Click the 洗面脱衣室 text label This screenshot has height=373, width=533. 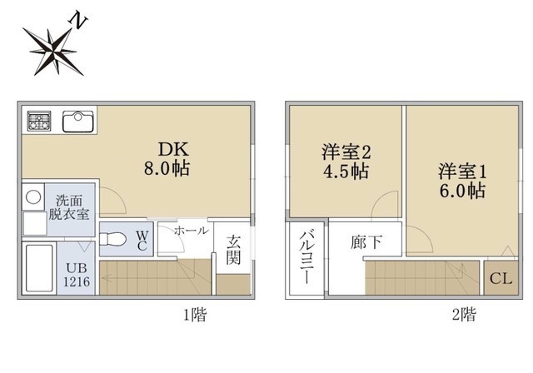click(x=72, y=206)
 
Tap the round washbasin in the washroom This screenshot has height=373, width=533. click(x=33, y=198)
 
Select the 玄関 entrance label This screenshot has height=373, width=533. click(x=233, y=248)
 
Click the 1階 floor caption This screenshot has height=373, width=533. click(x=195, y=315)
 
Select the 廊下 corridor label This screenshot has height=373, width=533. click(x=366, y=244)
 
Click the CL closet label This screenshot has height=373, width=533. click(x=500, y=279)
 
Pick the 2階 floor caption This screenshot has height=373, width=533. click(x=464, y=315)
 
